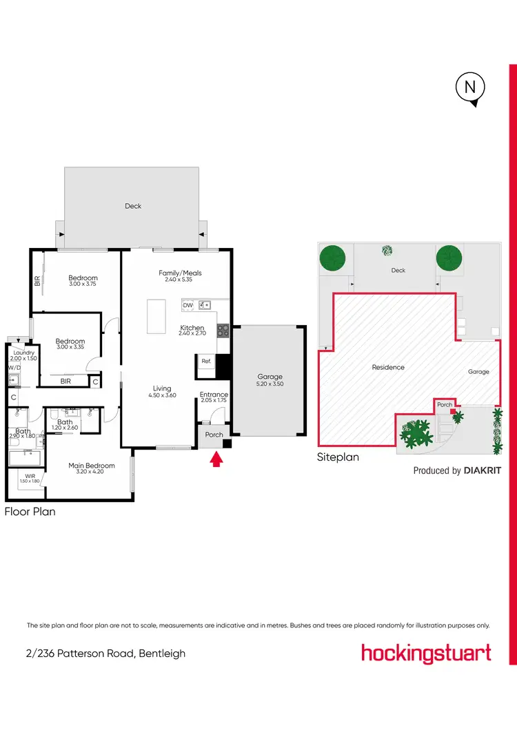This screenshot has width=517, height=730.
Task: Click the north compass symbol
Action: click(471, 88)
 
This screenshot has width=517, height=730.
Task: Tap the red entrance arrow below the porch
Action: click(216, 459)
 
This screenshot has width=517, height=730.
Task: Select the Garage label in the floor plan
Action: click(270, 377)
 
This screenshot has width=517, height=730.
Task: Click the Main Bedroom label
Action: click(91, 466)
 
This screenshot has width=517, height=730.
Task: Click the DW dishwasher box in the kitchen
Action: click(187, 304)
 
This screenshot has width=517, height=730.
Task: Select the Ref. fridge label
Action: click(205, 360)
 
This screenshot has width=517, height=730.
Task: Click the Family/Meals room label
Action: click(180, 273)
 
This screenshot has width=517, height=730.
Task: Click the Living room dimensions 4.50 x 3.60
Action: click(161, 395)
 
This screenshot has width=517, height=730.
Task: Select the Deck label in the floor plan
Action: click(133, 206)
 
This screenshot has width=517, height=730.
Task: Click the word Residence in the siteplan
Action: click(388, 367)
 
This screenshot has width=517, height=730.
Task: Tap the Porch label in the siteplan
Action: click(445, 405)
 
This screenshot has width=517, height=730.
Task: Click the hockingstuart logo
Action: click(426, 653)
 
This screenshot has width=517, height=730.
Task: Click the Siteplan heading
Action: click(338, 457)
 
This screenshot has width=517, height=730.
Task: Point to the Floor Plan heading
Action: click(30, 512)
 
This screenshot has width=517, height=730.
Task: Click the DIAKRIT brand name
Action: click(482, 471)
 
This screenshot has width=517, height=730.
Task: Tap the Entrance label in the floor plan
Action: click(214, 395)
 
